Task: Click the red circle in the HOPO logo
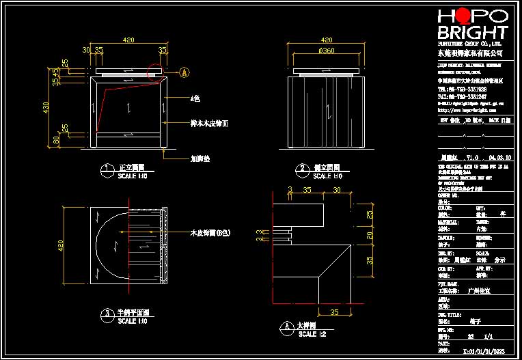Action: [x=461, y=16]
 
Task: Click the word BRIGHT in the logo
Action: [x=472, y=33]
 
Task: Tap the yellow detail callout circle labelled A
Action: [x=184, y=71]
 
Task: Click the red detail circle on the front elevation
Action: [x=156, y=72]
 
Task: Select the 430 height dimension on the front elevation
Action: [x=46, y=107]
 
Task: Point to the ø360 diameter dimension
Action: [x=327, y=51]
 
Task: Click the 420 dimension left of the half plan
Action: [x=59, y=244]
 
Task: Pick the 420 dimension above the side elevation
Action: [x=327, y=40]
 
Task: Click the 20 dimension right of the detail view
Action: [x=370, y=236]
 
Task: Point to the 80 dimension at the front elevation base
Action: [x=56, y=141]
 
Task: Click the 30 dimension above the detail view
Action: [x=290, y=189]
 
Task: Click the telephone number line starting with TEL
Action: [x=461, y=89]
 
